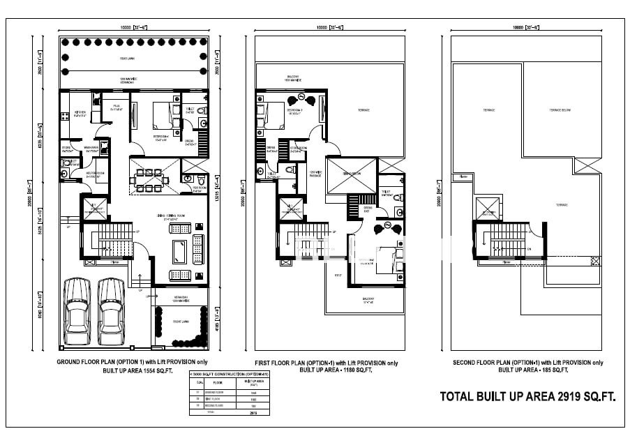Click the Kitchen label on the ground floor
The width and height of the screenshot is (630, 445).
click(x=80, y=115)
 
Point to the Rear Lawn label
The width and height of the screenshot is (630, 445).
click(x=126, y=59)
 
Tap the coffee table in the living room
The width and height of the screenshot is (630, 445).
click(x=178, y=250)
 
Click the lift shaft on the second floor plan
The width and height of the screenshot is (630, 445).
click(x=487, y=208)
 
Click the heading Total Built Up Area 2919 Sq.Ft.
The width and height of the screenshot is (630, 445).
click(x=527, y=397)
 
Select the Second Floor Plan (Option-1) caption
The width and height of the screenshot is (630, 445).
click(x=528, y=363)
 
